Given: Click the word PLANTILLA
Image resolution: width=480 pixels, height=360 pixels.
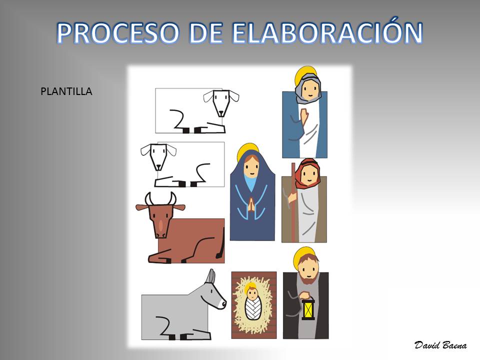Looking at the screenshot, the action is pyautogui.click(x=66, y=91).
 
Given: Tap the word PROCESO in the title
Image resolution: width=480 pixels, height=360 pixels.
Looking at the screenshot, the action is pyautogui.click(x=117, y=33).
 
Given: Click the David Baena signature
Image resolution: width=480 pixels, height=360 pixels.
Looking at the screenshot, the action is pyautogui.click(x=440, y=345).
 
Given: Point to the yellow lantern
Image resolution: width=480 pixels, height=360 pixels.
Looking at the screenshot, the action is pyautogui.click(x=308, y=308).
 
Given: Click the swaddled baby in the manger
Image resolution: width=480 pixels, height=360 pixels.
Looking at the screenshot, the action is pyautogui.click(x=252, y=301).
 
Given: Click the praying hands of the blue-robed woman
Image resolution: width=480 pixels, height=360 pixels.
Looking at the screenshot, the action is pyautogui.click(x=251, y=204).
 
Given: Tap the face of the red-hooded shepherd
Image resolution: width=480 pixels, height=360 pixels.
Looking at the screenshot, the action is pyautogui.click(x=308, y=175).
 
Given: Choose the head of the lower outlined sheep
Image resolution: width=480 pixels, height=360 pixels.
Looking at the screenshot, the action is pyautogui.click(x=158, y=155).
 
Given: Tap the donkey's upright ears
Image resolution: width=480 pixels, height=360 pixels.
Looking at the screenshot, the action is pyautogui.click(x=210, y=276).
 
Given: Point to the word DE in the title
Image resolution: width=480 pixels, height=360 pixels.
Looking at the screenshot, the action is pyautogui.click(x=205, y=33).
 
